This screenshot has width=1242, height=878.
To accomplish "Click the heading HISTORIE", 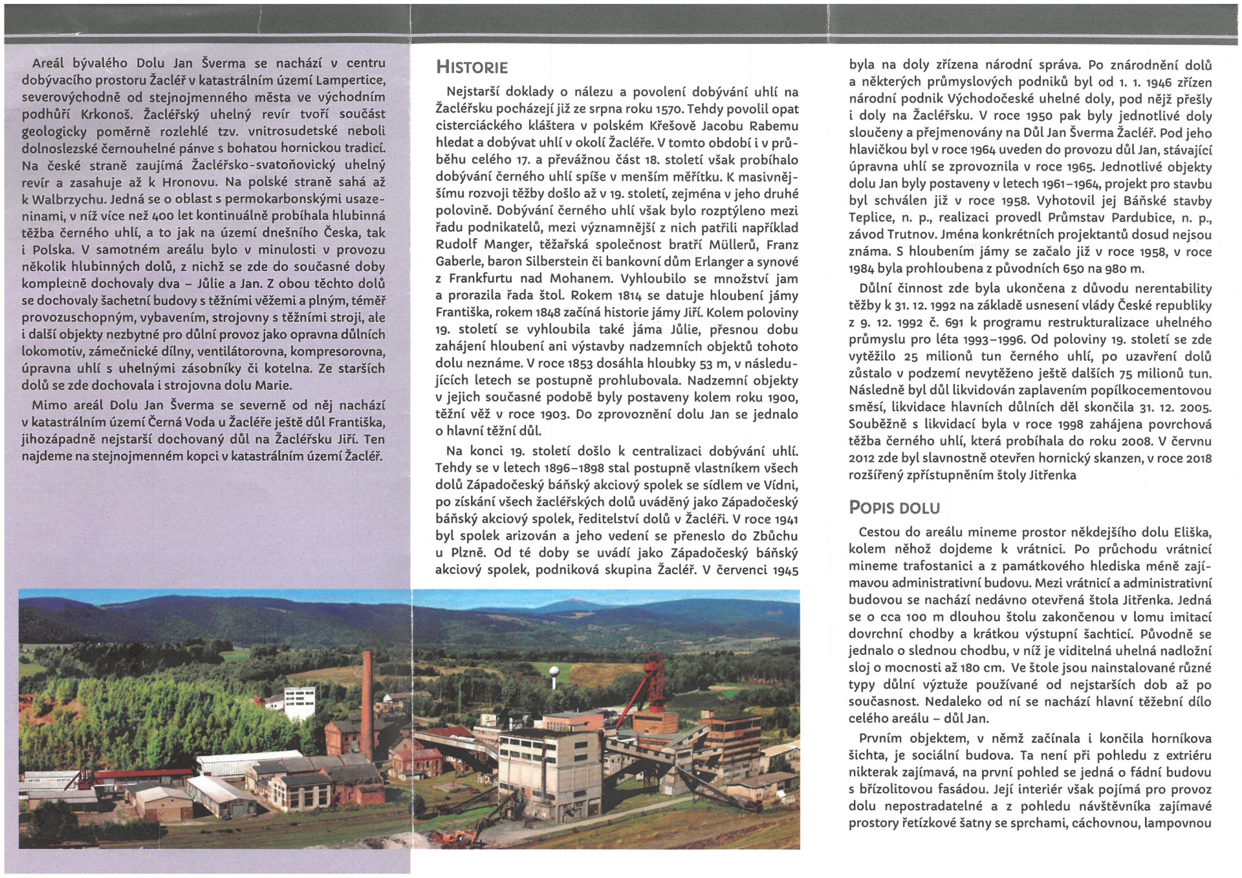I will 472,67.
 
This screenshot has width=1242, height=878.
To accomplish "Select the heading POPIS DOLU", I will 894,508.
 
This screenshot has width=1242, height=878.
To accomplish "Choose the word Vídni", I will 780,485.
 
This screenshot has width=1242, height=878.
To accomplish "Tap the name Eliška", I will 1190,532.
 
